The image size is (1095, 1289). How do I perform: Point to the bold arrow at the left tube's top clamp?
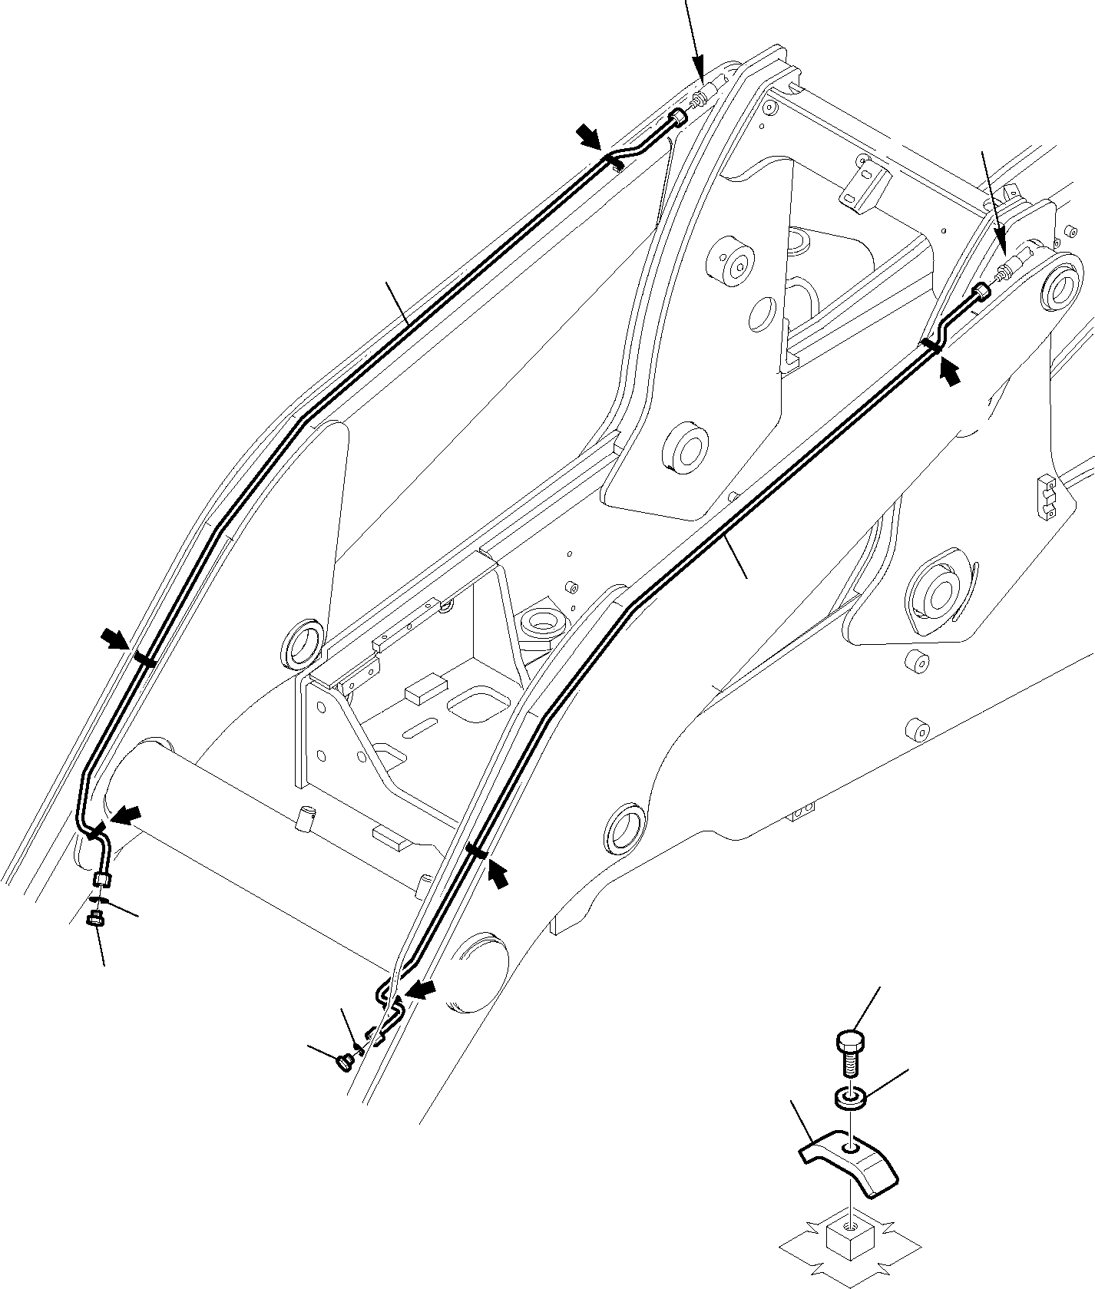pyautogui.click(x=591, y=138)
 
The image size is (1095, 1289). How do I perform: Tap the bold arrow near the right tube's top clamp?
pyautogui.click(x=949, y=374)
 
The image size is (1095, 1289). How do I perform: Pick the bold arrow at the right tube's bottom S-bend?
pyautogui.click(x=420, y=989)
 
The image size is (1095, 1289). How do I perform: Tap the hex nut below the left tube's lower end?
pyautogui.click(x=96, y=917)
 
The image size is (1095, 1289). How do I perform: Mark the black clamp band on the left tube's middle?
pyautogui.click(x=144, y=659)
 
